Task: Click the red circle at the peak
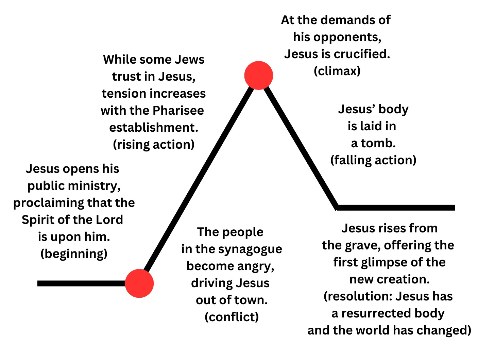(259, 75)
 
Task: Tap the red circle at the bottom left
(139, 283)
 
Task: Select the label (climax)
(337, 71)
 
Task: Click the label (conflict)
(232, 317)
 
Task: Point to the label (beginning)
(74, 253)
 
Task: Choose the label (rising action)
(154, 144)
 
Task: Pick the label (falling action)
(373, 160)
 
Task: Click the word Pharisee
(178, 110)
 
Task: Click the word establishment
(154, 127)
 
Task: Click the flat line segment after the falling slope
(396, 208)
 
